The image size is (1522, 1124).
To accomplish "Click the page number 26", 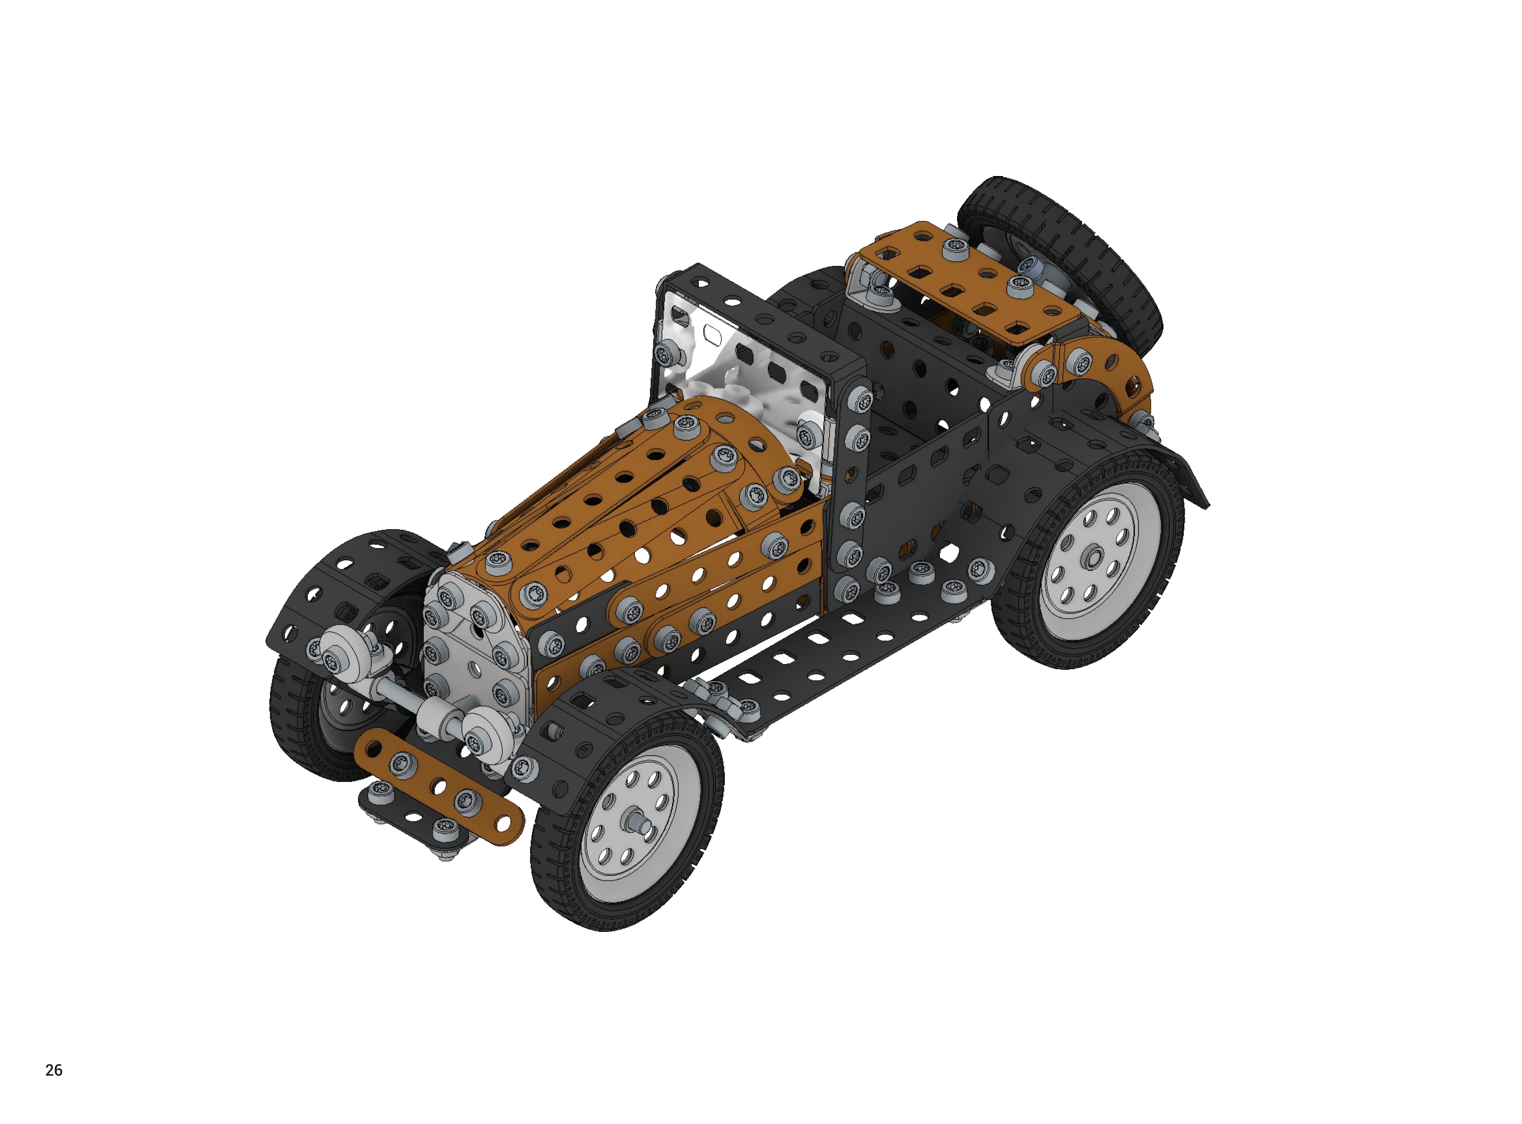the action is (x=54, y=1070).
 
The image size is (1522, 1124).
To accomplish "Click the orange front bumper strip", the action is (x=439, y=786).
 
